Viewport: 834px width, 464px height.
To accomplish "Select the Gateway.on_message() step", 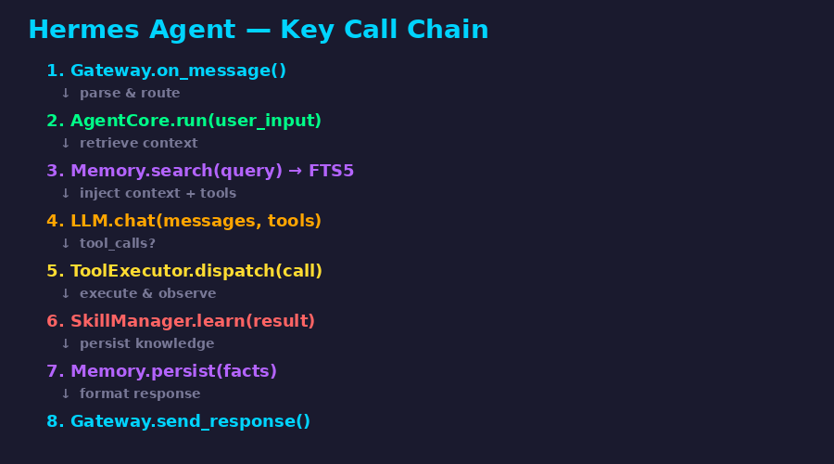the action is click(x=167, y=71).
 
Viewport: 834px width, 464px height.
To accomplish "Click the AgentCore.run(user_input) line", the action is click(x=184, y=121).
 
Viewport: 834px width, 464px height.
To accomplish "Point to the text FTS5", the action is click(x=331, y=171).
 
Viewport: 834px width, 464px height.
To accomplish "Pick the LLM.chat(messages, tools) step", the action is click(x=184, y=221).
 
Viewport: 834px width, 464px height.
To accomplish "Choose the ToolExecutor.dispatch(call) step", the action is click(x=184, y=271).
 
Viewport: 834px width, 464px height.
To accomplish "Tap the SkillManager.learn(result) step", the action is click(x=181, y=321).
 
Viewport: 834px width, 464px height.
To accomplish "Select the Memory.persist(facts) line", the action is click(x=161, y=371).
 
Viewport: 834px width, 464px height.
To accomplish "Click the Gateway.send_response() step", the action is click(x=178, y=421).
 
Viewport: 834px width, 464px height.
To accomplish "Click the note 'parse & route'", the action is click(x=130, y=93).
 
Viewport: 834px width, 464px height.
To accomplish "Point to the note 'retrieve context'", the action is click(x=138, y=143).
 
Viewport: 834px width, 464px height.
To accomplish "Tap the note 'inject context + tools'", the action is click(x=158, y=193).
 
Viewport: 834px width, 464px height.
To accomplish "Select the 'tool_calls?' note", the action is click(x=118, y=243).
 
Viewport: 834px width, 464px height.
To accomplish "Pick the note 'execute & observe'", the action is click(x=148, y=293).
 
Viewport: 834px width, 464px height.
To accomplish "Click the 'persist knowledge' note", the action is click(x=146, y=343).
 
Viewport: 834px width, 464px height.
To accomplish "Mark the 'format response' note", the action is click(x=140, y=393).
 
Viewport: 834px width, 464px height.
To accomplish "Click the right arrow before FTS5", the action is click(x=296, y=171).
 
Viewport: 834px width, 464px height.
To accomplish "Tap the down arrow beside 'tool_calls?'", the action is click(x=66, y=243).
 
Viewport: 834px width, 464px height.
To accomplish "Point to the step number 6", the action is click(x=52, y=321).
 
